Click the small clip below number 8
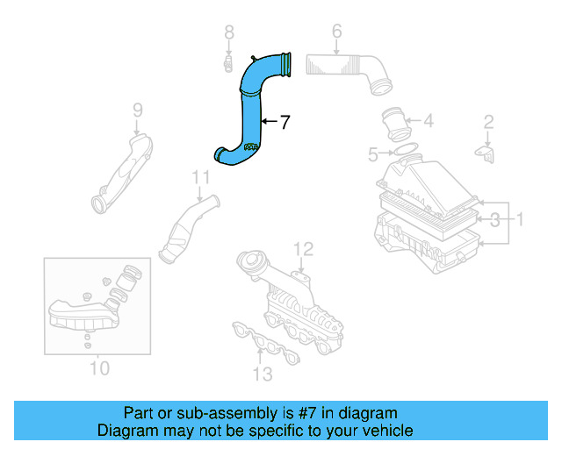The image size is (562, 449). [x=227, y=63]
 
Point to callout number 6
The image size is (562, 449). [x=336, y=32]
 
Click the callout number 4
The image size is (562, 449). [x=428, y=121]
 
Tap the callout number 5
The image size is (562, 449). [x=373, y=155]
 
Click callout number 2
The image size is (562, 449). [x=489, y=122]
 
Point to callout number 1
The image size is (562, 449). [x=518, y=217]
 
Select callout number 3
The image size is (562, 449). [x=494, y=217]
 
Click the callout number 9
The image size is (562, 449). [x=137, y=110]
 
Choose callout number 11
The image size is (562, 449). [x=201, y=178]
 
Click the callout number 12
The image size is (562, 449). [x=302, y=248]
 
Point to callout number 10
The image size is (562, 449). [x=99, y=367]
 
